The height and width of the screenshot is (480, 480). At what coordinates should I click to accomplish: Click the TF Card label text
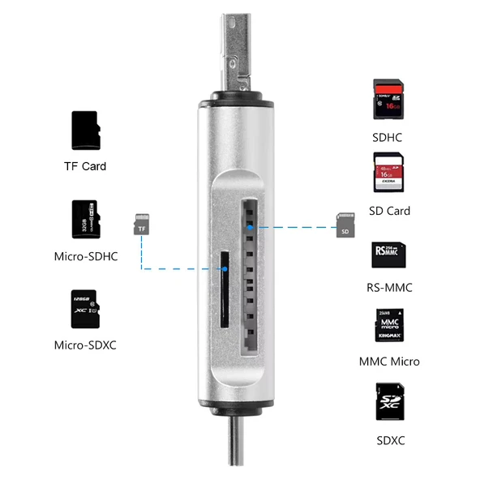click(85, 166)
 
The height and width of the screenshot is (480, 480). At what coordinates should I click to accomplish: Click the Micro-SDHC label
click(85, 257)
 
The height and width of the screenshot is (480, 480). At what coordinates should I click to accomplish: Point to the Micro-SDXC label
click(85, 345)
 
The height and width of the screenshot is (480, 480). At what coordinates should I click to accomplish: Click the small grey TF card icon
click(143, 225)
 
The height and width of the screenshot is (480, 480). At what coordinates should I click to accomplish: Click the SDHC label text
click(388, 138)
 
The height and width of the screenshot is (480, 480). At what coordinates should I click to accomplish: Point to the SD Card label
click(389, 211)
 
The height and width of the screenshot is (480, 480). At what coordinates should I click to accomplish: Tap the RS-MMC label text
click(389, 287)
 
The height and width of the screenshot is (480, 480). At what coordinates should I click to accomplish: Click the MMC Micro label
click(389, 361)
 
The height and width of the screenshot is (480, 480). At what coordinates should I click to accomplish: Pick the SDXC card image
click(389, 402)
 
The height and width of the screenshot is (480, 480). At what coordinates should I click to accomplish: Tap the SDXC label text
click(389, 440)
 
